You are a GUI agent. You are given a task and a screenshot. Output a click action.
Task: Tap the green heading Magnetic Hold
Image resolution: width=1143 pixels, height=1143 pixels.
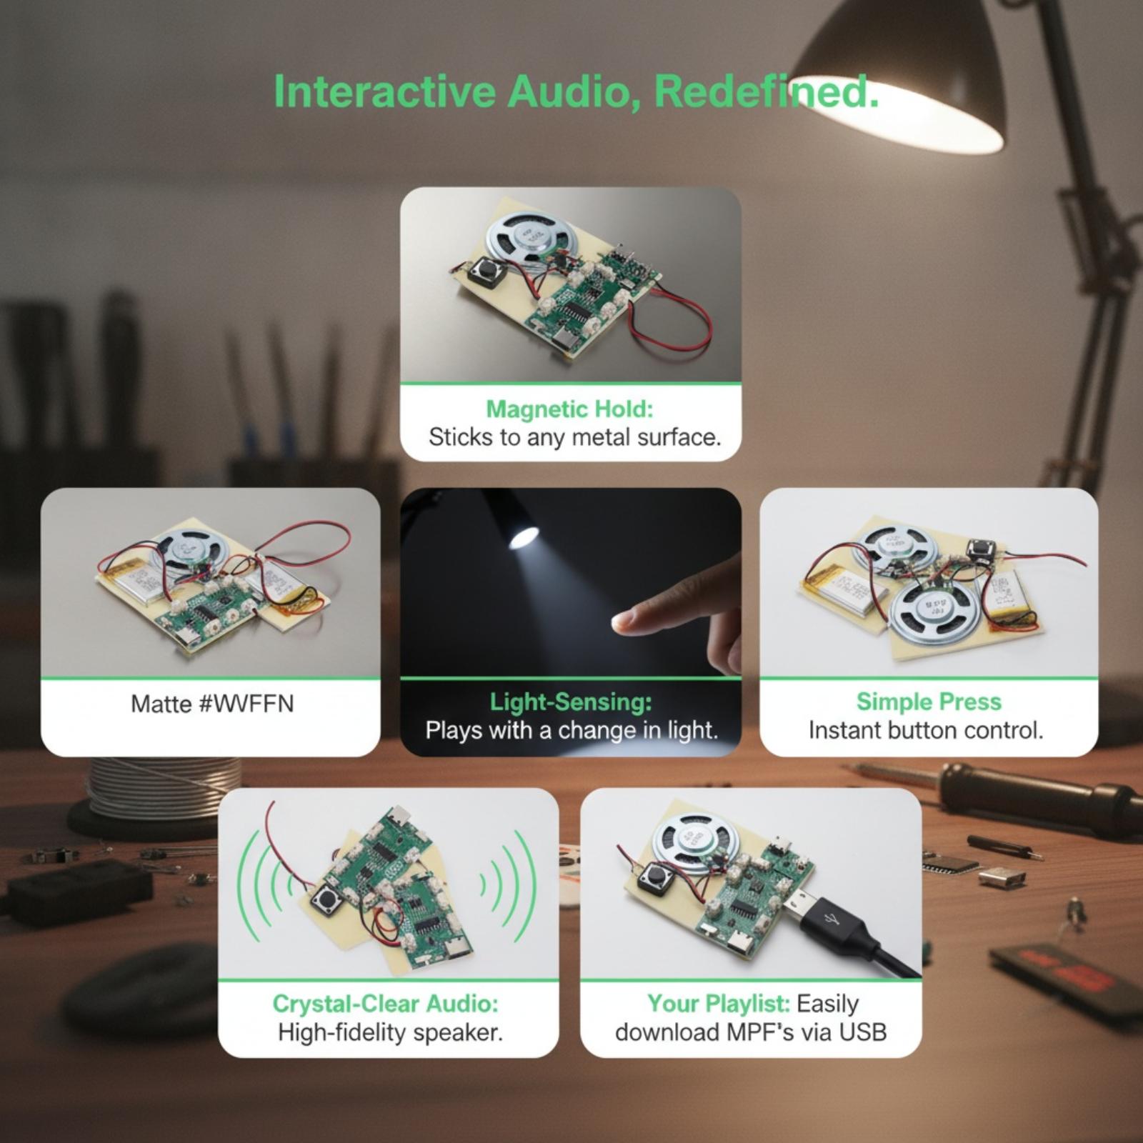[569, 409]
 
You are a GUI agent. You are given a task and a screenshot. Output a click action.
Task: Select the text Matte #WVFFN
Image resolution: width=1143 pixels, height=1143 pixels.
[212, 704]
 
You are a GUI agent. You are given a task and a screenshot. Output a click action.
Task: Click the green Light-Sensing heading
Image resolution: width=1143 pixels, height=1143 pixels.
[571, 702]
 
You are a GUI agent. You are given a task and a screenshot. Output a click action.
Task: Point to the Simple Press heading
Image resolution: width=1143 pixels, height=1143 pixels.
[929, 702]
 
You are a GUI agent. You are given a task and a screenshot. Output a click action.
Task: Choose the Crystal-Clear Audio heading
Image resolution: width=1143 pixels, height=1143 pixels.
[386, 1003]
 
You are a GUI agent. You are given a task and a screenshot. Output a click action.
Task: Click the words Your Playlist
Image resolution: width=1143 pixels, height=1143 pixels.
[719, 1003]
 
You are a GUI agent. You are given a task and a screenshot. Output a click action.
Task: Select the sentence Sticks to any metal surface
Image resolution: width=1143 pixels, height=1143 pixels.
[575, 437]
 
